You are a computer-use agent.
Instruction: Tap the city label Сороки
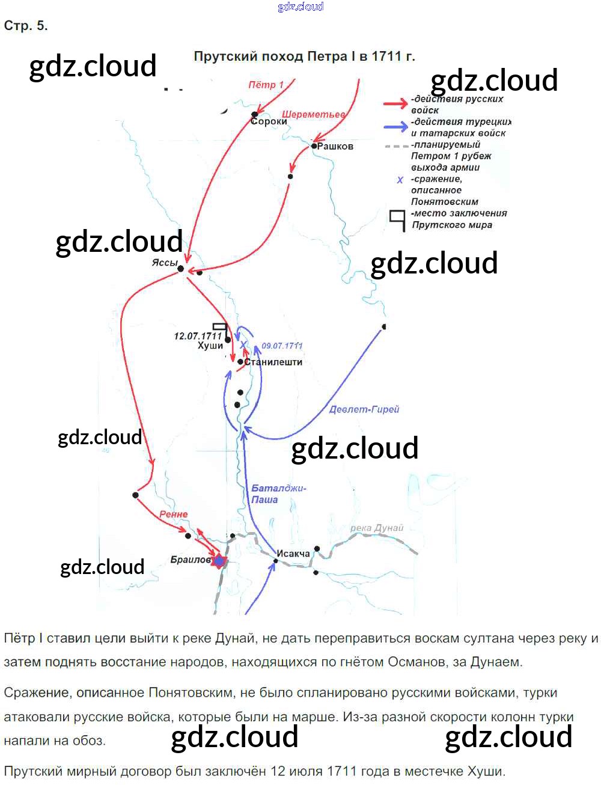(x=269, y=121)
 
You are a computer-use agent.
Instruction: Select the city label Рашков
(x=335, y=146)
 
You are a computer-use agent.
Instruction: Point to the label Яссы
(x=164, y=263)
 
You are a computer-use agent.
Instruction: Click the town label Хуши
(x=210, y=346)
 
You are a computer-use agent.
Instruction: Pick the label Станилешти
(x=273, y=362)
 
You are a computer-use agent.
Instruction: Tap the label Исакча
(x=293, y=553)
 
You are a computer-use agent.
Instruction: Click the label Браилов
(x=190, y=560)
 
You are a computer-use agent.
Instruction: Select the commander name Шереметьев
(x=314, y=114)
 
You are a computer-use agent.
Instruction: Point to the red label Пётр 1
(x=266, y=85)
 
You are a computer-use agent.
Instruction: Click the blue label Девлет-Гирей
(x=364, y=409)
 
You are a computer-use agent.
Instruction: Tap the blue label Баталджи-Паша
(x=278, y=493)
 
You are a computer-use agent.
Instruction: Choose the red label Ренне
(x=174, y=515)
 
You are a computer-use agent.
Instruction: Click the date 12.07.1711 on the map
(x=198, y=336)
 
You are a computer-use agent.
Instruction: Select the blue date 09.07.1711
(x=282, y=346)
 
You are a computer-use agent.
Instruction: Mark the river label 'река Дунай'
(x=377, y=528)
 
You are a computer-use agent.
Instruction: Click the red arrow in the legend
(x=395, y=104)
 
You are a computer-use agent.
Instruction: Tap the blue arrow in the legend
(x=395, y=126)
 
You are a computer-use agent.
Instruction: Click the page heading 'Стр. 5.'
(x=26, y=26)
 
